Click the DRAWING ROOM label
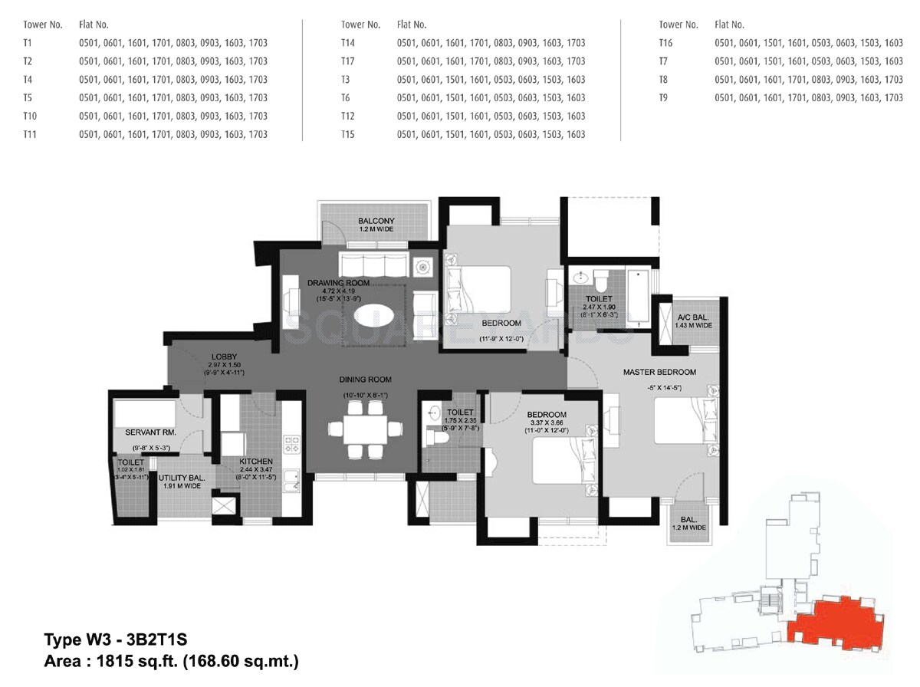coord(338,283)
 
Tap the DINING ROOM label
coord(366,380)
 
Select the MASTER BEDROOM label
coord(659,373)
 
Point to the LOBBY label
coord(223,357)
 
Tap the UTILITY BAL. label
coord(179,477)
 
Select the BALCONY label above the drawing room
coord(376,222)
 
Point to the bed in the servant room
coord(146,414)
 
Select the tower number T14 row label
coord(349,43)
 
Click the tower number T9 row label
coord(665,98)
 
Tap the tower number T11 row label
coord(31,134)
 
